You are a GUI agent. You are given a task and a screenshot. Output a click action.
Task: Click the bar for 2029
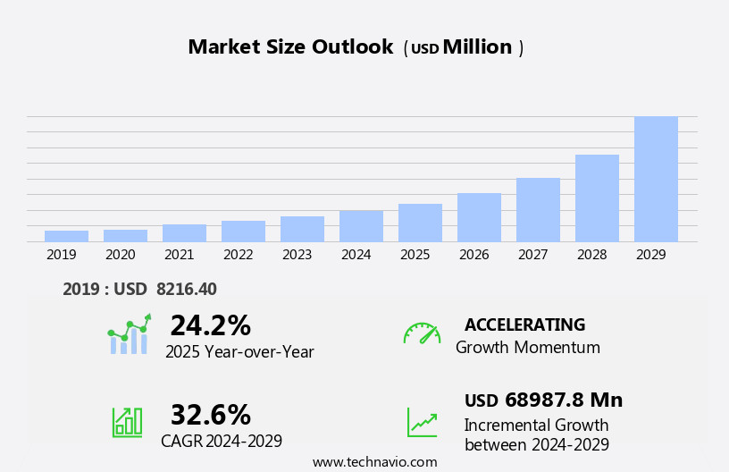coord(656,179)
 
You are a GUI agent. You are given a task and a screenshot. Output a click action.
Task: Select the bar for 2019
coord(66,236)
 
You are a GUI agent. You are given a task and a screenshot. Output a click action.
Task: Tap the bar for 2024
coord(361,226)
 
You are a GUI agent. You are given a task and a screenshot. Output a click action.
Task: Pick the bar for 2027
coord(538,210)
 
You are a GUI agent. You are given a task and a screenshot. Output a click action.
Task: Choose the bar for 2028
coord(597,198)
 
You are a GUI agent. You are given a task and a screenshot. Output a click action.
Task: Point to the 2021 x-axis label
coord(179,255)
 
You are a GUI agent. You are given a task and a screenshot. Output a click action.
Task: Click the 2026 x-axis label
coord(473,255)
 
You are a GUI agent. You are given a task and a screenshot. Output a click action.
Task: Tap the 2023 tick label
coord(297,255)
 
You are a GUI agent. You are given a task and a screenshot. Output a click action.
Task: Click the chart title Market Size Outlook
coord(290,47)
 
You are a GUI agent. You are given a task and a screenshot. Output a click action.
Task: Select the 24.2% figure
coord(210,325)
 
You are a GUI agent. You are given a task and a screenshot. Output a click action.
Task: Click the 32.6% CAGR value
coord(210,415)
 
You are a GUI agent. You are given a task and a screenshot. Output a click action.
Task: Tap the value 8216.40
coord(186,289)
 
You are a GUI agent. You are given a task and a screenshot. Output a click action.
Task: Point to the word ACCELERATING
coord(524,324)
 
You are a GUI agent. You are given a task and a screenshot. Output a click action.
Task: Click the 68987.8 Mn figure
coord(563,400)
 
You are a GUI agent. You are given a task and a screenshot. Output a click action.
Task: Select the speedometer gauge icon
coord(422,333)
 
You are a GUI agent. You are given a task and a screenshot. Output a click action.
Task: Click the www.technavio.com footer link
coord(374,462)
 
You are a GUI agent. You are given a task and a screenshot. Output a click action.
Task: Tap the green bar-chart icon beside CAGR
coord(127,422)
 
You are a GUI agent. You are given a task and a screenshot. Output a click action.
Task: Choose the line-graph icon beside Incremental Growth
coord(422,422)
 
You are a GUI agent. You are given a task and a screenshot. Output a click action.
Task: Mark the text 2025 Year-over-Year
coord(239,352)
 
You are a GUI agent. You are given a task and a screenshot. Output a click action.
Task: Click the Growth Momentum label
coord(527,348)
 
